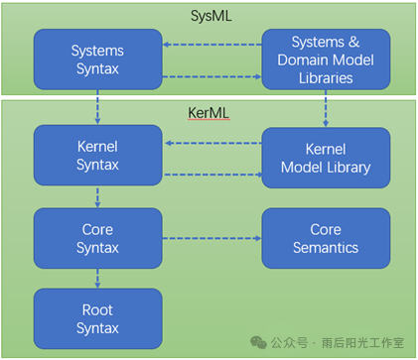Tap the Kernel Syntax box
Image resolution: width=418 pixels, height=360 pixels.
click(96, 154)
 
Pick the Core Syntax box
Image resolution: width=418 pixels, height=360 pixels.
click(96, 237)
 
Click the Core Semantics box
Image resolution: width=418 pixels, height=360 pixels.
click(325, 237)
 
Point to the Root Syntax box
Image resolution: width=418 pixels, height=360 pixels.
click(96, 319)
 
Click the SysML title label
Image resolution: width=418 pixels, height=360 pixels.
click(209, 17)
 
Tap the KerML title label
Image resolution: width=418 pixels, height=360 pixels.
click(209, 113)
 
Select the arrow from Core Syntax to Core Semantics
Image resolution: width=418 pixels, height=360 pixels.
click(211, 238)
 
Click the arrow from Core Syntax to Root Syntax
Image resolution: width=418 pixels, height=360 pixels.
click(98, 278)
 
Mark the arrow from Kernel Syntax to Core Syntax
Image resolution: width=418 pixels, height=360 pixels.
click(98, 195)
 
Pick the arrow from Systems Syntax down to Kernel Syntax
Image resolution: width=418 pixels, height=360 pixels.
click(98, 106)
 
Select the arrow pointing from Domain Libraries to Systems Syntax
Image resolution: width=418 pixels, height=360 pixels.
click(211, 44)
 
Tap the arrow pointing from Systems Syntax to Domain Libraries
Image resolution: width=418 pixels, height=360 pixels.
click(211, 76)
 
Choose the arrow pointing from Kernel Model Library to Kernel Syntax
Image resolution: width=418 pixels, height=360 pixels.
click(211, 143)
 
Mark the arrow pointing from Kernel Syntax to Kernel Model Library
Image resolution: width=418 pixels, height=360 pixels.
click(211, 175)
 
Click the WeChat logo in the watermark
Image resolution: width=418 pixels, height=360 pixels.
click(259, 341)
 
